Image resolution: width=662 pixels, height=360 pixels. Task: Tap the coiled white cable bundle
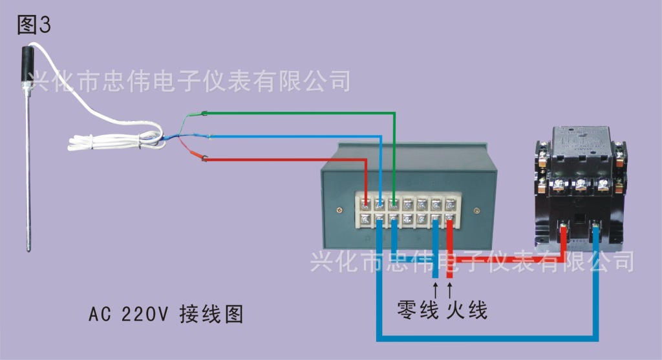click(113, 140)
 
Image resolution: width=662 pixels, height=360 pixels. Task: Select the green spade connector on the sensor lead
click(204, 114)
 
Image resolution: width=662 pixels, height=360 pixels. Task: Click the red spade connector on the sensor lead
click(204, 158)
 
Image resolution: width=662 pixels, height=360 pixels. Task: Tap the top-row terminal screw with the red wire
click(365, 204)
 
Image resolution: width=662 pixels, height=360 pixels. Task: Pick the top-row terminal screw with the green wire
click(393, 204)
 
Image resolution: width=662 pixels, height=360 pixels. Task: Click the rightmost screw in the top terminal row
click(450, 204)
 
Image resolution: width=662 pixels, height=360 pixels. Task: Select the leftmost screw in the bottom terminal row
click(365, 220)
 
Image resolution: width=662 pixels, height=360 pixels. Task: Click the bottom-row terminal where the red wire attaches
click(450, 220)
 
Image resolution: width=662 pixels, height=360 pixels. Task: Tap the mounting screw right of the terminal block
click(477, 210)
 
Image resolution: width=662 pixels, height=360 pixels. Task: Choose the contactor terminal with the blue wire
click(595, 227)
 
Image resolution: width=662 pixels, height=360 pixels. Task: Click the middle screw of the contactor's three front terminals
click(581, 187)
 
